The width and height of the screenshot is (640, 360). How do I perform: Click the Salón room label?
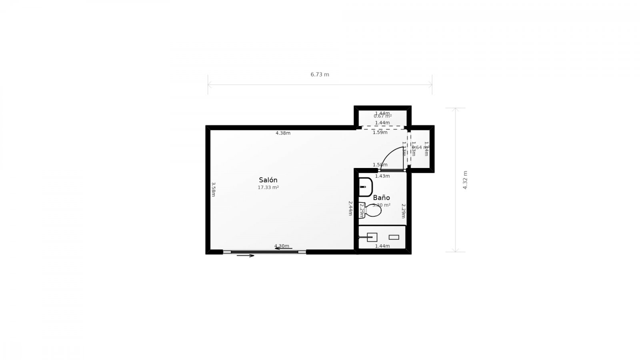coord(268,180)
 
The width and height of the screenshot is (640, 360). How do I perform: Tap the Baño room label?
coord(381,198)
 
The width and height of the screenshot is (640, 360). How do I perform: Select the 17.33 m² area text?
coord(268,187)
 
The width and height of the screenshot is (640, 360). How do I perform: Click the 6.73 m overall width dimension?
coord(320,74)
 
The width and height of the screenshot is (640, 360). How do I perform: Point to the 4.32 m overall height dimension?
coord(465,180)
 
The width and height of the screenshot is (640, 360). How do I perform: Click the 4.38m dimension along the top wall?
coord(283,133)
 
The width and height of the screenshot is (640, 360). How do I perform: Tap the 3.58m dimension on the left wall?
coord(214,189)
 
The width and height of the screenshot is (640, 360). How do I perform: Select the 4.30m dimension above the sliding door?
coord(282,246)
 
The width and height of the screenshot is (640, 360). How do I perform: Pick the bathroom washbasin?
coord(365,187)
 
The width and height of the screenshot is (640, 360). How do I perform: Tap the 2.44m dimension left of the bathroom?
coord(350,208)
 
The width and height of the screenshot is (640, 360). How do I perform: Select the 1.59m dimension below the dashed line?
coord(380,132)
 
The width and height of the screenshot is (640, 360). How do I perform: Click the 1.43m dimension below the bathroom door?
coord(382,176)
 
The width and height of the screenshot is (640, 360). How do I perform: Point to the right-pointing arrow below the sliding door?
coord(246,256)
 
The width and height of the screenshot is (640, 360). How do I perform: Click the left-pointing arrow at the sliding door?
coord(283,248)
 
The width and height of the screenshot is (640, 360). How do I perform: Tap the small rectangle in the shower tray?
coord(394,237)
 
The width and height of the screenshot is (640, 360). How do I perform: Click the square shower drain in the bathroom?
coord(372,237)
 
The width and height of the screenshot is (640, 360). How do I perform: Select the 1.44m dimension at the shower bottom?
coord(382,246)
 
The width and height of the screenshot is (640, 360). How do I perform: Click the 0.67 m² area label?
coord(382,116)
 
